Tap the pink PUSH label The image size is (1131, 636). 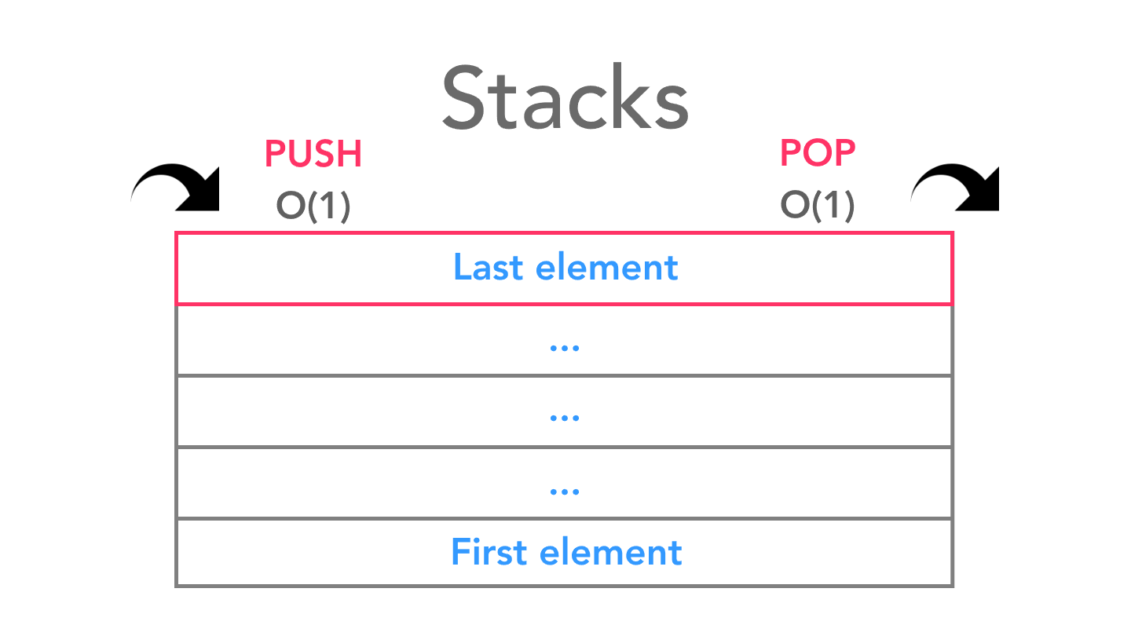(313, 154)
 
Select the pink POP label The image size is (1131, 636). (818, 154)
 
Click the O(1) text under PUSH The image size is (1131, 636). (313, 206)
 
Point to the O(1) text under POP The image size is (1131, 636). (818, 206)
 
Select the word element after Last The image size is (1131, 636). (606, 268)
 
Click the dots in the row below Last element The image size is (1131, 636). (565, 347)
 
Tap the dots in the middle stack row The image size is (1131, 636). (565, 419)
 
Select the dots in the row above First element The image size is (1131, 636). (565, 491)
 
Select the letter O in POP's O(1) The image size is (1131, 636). (794, 206)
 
